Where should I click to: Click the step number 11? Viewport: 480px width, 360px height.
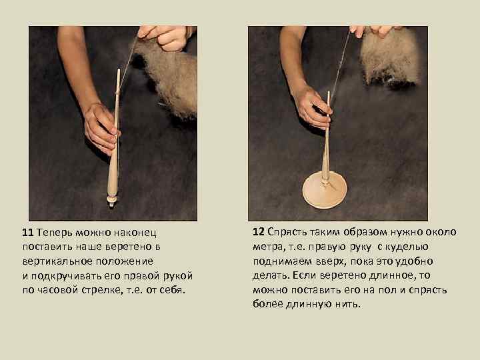(x=27, y=233)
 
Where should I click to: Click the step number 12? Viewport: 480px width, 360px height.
(x=259, y=232)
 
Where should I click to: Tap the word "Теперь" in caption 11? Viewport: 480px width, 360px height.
(x=55, y=233)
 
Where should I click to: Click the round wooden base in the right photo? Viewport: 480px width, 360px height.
(x=325, y=190)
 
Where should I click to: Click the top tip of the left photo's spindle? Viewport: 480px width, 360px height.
(x=119, y=70)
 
